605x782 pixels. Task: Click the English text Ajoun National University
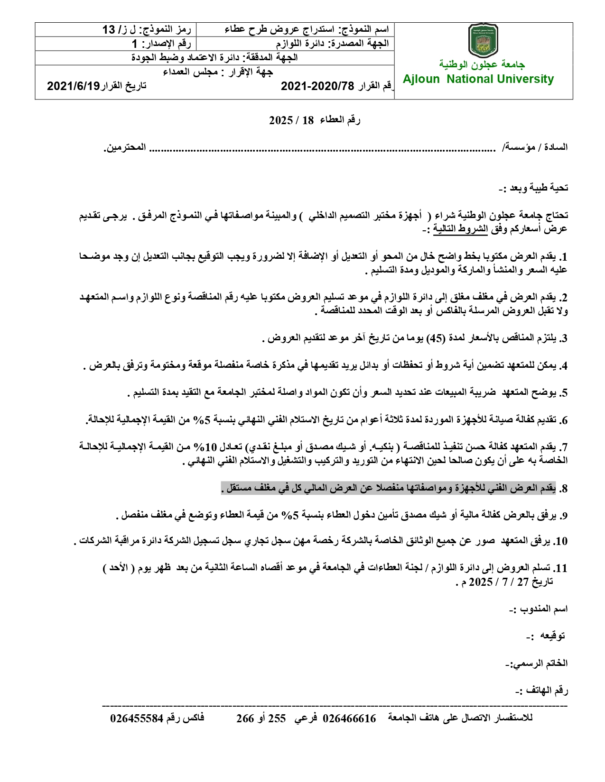[478, 79]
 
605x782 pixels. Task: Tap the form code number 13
[109, 30]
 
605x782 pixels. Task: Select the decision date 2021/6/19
[74, 86]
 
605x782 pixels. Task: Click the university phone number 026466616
[350, 718]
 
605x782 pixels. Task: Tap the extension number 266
[245, 718]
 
